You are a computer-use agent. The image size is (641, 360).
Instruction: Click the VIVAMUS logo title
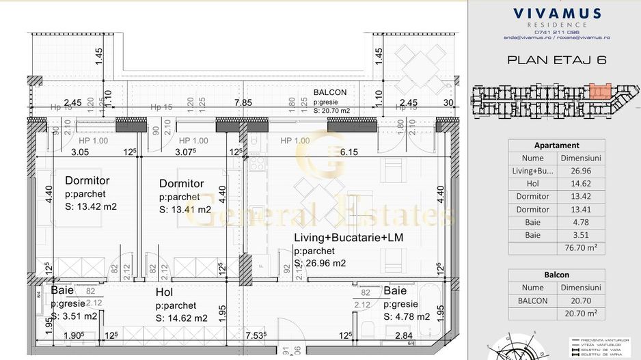(556, 14)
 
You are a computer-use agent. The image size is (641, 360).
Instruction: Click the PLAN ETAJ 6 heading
(556, 59)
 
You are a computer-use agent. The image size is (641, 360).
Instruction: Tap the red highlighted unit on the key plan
(599, 92)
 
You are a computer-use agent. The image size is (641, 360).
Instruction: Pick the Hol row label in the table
(532, 184)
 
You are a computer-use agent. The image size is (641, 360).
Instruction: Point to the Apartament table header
(556, 146)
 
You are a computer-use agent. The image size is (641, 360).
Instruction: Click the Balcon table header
(556, 275)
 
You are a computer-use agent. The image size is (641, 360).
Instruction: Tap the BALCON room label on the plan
(330, 92)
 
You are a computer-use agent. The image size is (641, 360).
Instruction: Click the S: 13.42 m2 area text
(92, 206)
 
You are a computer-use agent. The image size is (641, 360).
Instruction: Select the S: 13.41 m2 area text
(185, 210)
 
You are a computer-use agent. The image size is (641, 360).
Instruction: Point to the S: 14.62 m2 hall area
(182, 318)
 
